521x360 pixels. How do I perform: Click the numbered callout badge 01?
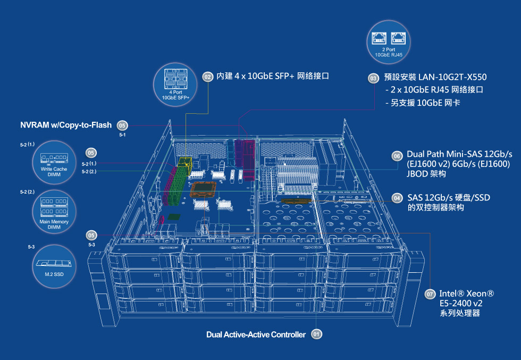pyautogui.click(x=317, y=334)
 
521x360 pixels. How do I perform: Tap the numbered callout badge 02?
pyautogui.click(x=208, y=77)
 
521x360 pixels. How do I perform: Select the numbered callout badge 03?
pyautogui.click(x=373, y=78)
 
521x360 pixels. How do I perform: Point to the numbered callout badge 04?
pyautogui.click(x=397, y=198)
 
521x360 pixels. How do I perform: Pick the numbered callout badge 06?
pyautogui.click(x=397, y=156)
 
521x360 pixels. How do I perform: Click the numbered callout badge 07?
pyautogui.click(x=430, y=294)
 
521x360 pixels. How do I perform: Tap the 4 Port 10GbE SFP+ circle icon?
pyautogui.click(x=175, y=85)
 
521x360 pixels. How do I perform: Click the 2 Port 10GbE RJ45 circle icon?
pyautogui.click(x=389, y=42)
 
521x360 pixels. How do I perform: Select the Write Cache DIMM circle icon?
pyautogui.click(x=54, y=162)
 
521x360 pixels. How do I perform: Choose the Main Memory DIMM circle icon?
pyautogui.click(x=54, y=212)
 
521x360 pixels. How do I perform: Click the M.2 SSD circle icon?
pyautogui.click(x=54, y=266)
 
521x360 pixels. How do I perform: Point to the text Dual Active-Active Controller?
pyautogui.click(x=256, y=334)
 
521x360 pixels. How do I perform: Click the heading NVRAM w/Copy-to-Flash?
pyautogui.click(x=66, y=125)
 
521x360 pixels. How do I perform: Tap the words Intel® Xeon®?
pyautogui.click(x=467, y=294)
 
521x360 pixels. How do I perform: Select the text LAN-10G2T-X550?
pyautogui.click(x=452, y=77)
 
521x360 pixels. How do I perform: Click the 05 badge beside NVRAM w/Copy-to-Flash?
pyautogui.click(x=122, y=125)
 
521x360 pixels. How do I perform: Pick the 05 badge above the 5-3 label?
pyautogui.click(x=91, y=236)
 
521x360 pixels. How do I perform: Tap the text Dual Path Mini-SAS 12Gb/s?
pyautogui.click(x=459, y=154)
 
